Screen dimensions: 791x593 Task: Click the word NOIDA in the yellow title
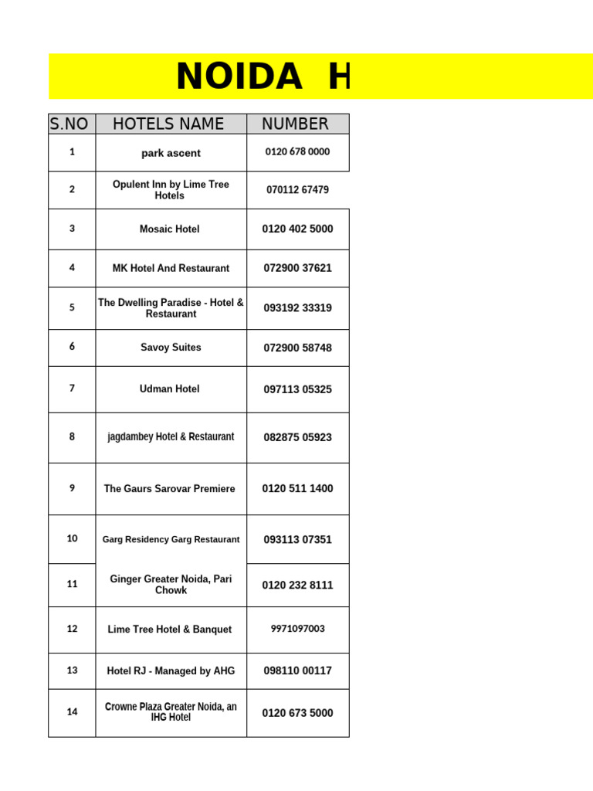[239, 76]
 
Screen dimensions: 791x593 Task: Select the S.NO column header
[69, 124]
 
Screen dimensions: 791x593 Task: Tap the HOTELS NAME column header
[168, 124]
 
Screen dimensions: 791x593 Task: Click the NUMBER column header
[295, 124]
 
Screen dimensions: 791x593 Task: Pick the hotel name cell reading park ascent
[171, 153]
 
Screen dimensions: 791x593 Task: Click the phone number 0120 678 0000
[297, 152]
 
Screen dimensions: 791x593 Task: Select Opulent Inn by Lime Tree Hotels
[171, 190]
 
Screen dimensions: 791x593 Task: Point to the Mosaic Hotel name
[170, 229]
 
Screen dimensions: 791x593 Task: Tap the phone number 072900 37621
[297, 268]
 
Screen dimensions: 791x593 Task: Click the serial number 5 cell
[72, 307]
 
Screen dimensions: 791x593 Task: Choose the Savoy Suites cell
[171, 348]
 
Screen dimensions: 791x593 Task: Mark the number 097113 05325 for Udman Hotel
[297, 389]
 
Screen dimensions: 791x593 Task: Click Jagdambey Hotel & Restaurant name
[171, 437]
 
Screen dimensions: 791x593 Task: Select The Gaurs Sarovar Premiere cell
[170, 489]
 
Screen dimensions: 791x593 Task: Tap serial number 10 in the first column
[72, 538]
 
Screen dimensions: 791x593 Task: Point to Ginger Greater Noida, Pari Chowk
[171, 585]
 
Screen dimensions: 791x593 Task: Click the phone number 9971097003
[297, 629]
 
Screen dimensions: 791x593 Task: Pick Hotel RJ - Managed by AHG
[171, 671]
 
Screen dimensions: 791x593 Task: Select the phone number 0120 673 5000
[297, 713]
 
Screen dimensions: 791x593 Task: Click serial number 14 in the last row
[72, 712]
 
